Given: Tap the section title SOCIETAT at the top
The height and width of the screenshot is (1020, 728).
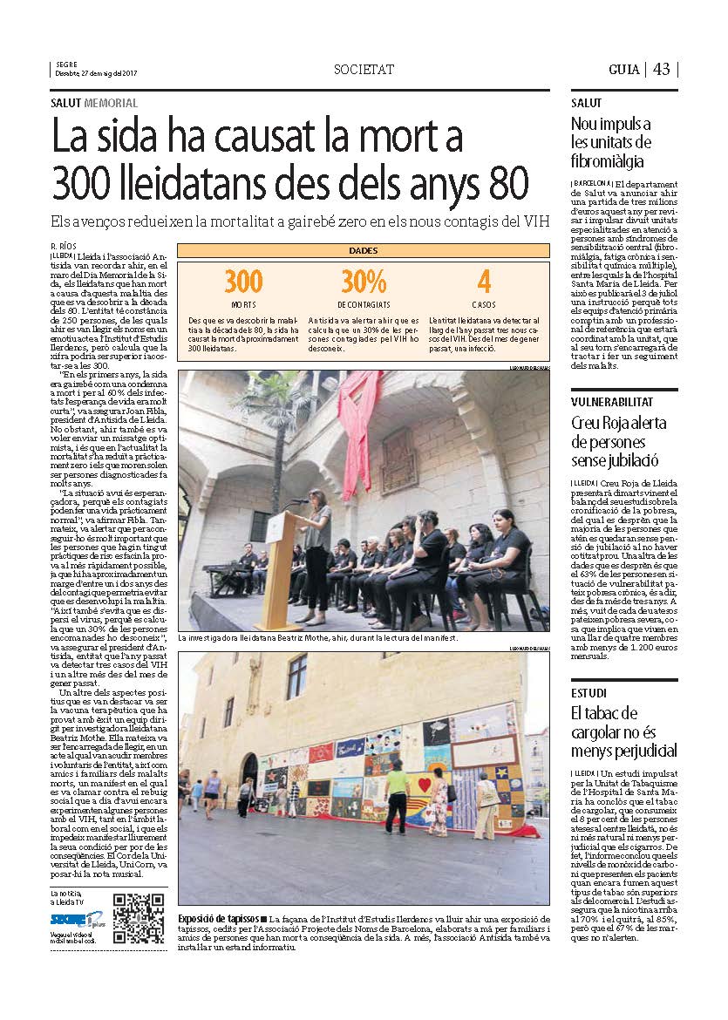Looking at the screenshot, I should [x=364, y=69].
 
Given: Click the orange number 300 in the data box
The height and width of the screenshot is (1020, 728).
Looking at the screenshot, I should [x=243, y=282].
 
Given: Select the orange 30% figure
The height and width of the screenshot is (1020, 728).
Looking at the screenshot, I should [x=364, y=282].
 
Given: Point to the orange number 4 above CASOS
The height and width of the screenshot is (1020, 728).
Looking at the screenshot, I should [x=484, y=282].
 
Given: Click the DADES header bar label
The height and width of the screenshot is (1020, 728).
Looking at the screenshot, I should [x=364, y=250].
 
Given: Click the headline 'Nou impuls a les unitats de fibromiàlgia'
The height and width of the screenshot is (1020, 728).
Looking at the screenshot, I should [x=610, y=142].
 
